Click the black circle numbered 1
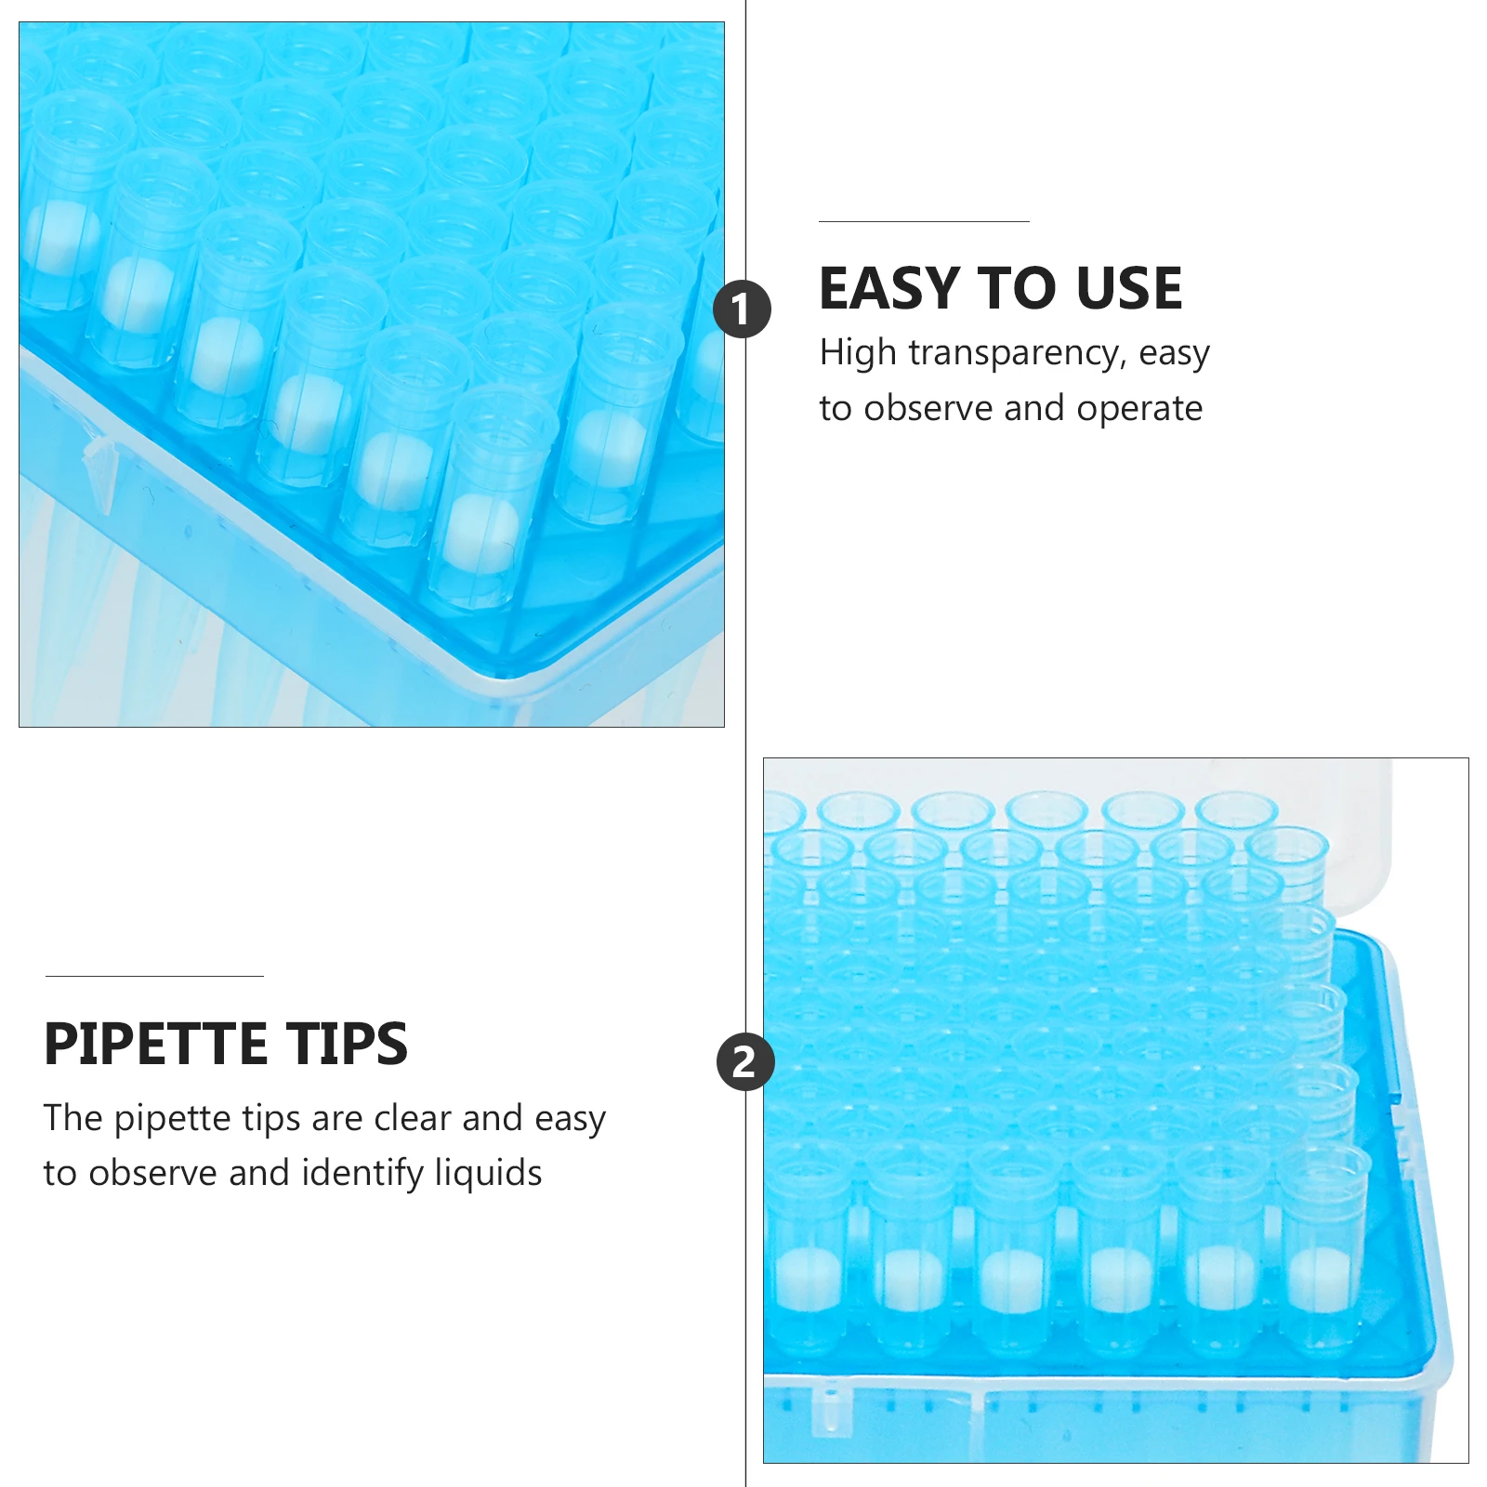point(742,309)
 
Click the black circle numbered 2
point(745,1061)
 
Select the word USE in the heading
point(1128,288)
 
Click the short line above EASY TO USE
point(924,222)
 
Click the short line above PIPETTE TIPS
point(154,977)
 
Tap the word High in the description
point(858,354)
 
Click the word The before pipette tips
point(73,1118)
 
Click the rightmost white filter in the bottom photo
point(1318,1279)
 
